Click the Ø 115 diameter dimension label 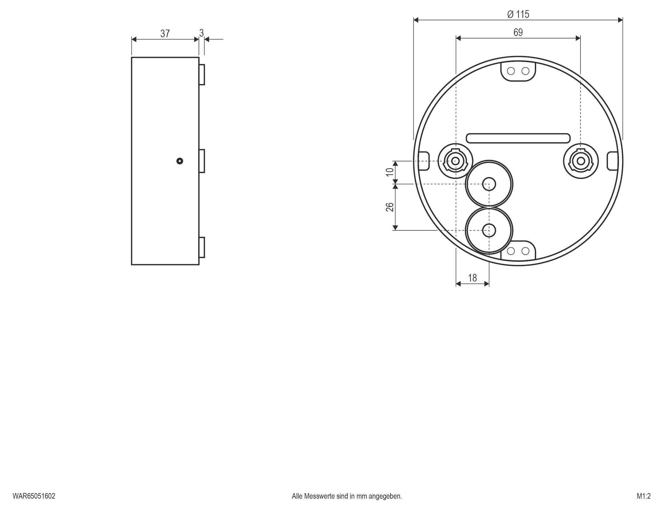[x=518, y=14]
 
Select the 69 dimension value [x=518, y=32]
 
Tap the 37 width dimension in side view [x=165, y=33]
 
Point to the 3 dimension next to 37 [x=201, y=33]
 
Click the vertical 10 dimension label [x=390, y=172]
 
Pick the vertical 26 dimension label [x=390, y=207]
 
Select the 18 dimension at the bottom [x=472, y=278]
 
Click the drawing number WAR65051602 [x=34, y=496]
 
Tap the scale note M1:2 [x=644, y=496]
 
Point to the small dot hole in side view [x=180, y=161]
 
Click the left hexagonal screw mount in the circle [x=455, y=161]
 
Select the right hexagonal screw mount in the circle [x=581, y=161]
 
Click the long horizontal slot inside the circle [x=518, y=138]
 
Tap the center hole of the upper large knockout [x=489, y=184]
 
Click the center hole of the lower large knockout [x=489, y=230]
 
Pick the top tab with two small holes [x=518, y=71]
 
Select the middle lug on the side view [x=202, y=161]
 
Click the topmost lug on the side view [x=202, y=75]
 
